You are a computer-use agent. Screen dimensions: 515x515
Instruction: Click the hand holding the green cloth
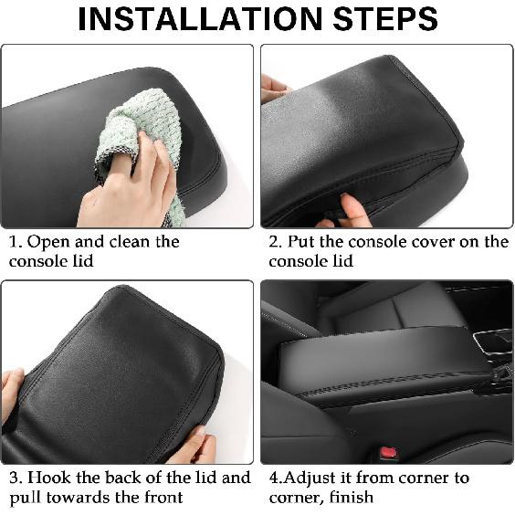point(128,187)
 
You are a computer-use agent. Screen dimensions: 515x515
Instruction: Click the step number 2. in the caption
point(275,243)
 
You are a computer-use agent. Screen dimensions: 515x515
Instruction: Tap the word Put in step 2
point(303,243)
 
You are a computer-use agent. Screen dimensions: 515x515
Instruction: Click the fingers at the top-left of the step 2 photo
point(273,89)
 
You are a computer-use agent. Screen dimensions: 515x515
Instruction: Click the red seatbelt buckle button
point(388,453)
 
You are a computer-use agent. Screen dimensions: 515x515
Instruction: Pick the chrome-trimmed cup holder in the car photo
point(494,342)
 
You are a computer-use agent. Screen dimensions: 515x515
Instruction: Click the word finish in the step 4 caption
point(351,498)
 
